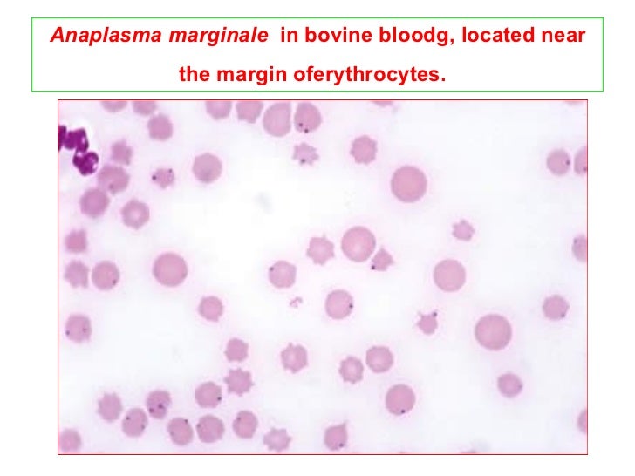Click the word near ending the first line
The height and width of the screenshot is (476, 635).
(563, 39)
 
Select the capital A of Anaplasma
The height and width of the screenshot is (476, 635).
(57, 39)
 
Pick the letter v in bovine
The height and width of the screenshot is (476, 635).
(336, 39)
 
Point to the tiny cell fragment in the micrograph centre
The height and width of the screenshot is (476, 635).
(296, 303)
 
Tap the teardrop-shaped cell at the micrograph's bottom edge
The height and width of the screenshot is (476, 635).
(336, 435)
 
